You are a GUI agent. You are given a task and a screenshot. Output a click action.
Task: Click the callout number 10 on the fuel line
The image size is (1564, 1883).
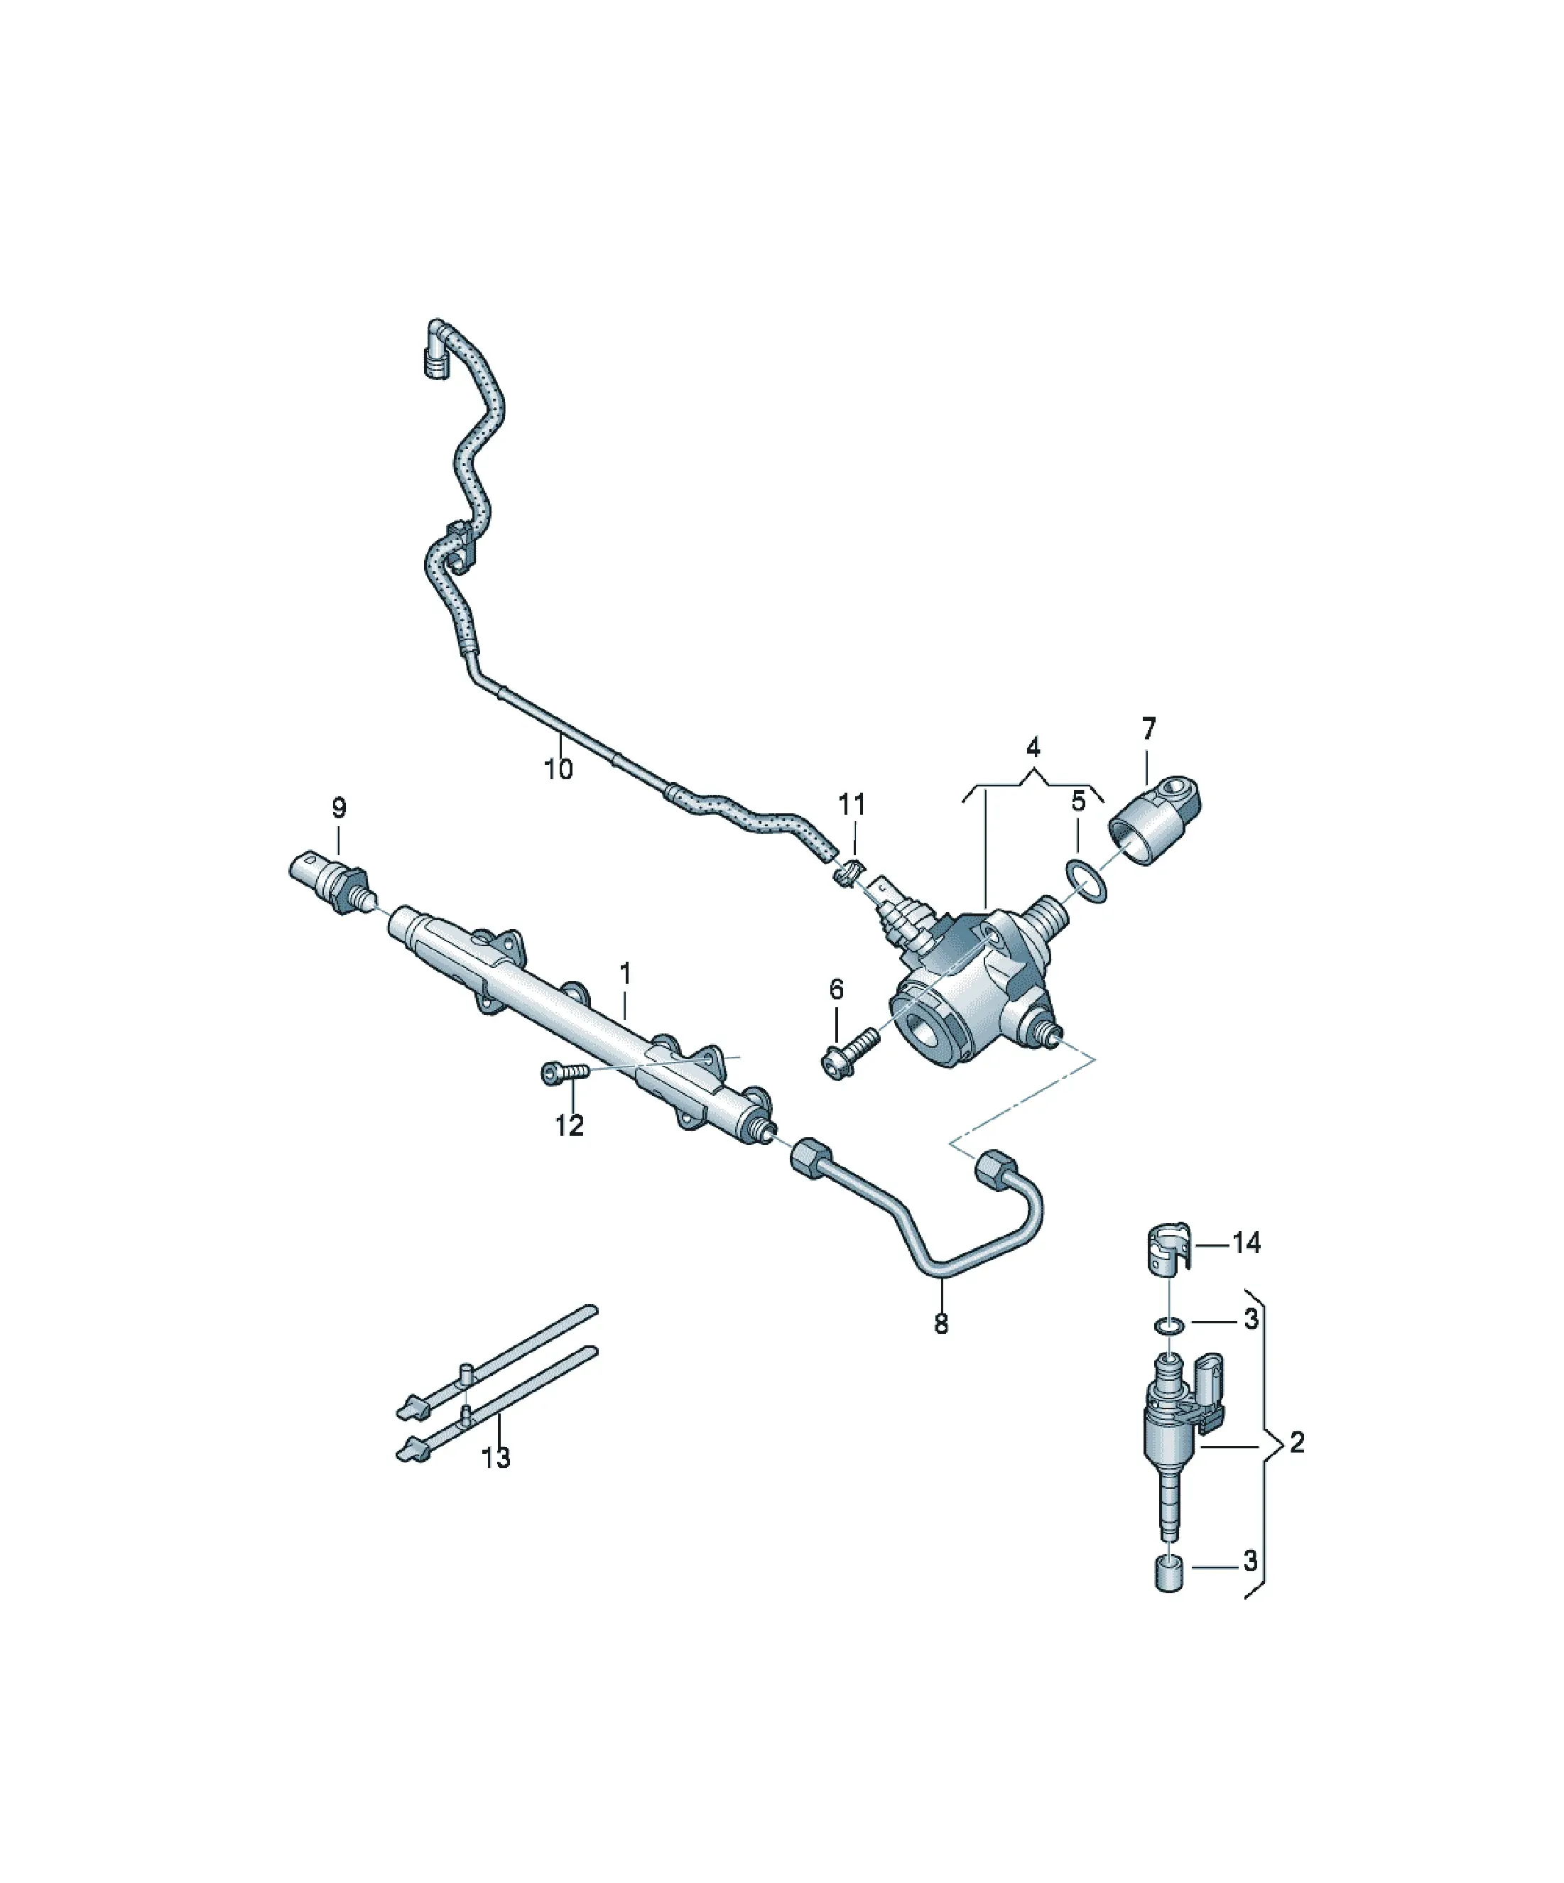pyautogui.click(x=558, y=769)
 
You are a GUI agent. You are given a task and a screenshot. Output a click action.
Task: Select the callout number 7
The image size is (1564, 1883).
pyautogui.click(x=1148, y=728)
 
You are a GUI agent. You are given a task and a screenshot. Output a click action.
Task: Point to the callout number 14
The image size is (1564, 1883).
pyautogui.click(x=1247, y=1243)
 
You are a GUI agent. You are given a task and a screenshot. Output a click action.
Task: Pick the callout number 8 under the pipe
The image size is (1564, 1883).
pyautogui.click(x=940, y=1323)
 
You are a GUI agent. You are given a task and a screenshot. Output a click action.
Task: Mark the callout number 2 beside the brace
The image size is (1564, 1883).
pyautogui.click(x=1297, y=1442)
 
